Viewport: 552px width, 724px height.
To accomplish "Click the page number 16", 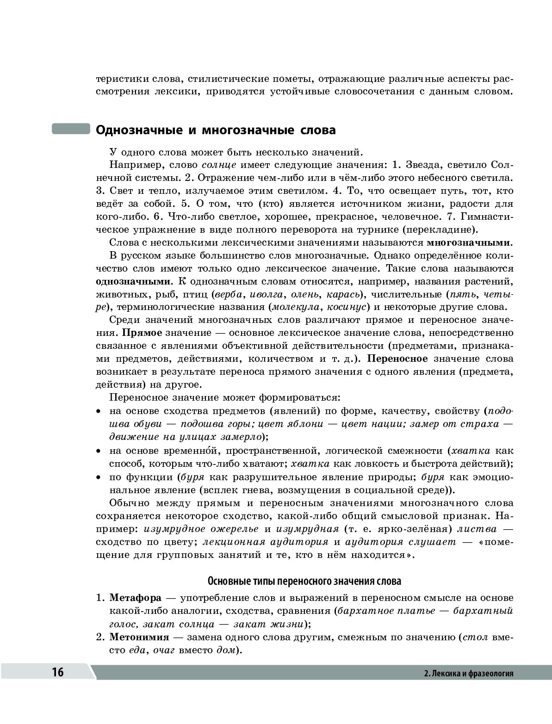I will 57,672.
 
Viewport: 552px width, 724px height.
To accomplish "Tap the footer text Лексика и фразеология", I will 469,673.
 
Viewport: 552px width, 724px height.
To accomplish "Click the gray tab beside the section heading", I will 70,129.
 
